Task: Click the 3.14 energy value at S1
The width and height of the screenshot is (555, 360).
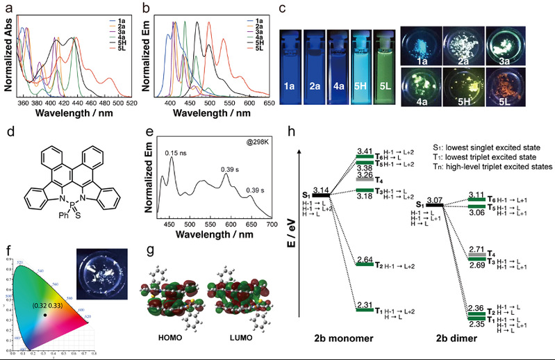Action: [x=321, y=190]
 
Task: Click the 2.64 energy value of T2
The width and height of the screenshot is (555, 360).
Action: [x=365, y=258]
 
